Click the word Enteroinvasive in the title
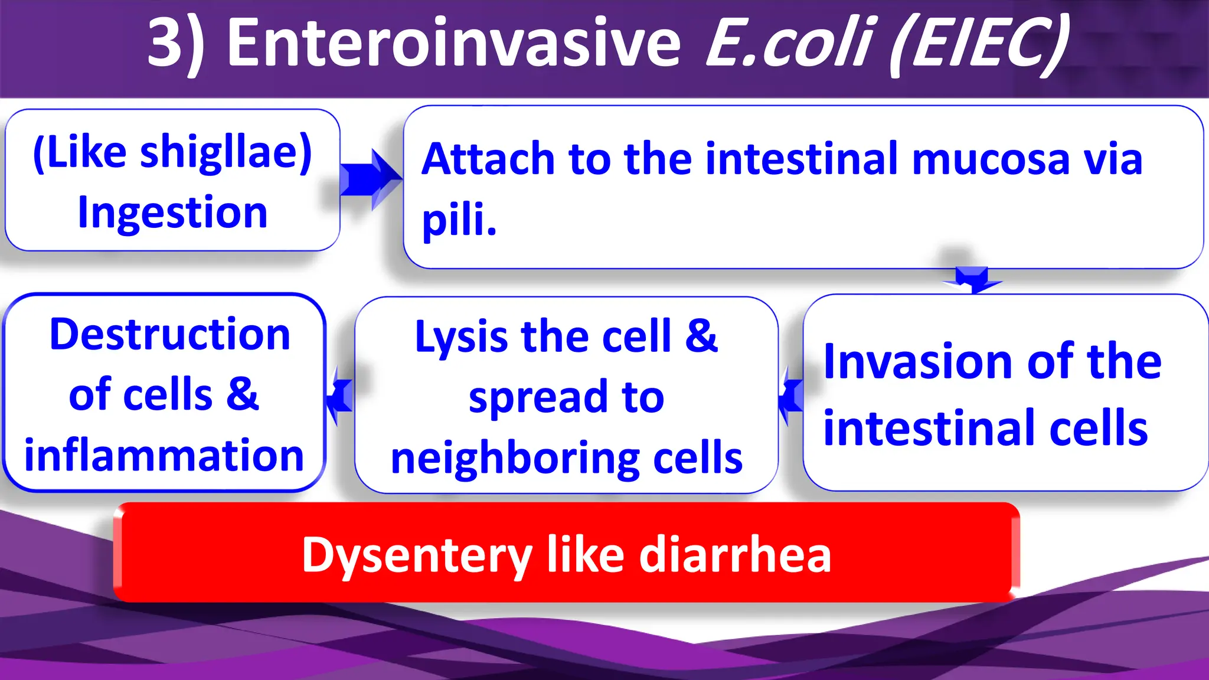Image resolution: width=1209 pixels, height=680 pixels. pyautogui.click(x=453, y=43)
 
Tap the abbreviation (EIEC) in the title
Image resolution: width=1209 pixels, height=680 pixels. pyautogui.click(x=979, y=45)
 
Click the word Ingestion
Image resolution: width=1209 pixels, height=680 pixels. pyautogui.click(x=172, y=212)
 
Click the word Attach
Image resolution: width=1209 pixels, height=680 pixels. pyautogui.click(x=489, y=159)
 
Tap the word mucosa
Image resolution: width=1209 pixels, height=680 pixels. pyautogui.click(x=991, y=159)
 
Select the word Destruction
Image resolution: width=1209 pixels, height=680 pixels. pyautogui.click(x=170, y=335)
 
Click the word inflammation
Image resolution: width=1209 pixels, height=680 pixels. pyautogui.click(x=164, y=456)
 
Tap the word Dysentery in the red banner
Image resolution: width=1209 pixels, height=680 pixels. pyautogui.click(x=417, y=555)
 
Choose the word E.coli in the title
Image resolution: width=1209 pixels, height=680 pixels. pyautogui.click(x=789, y=43)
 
